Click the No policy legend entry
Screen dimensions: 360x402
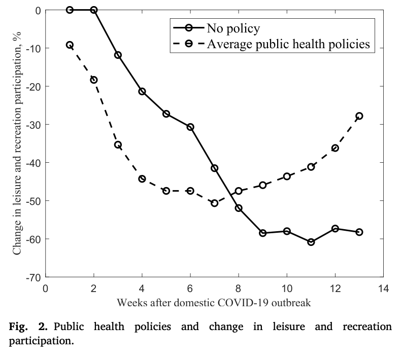pyautogui.click(x=233, y=27)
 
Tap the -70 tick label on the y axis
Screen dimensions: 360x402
pyautogui.click(x=33, y=277)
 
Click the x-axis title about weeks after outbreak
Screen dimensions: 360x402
pyautogui.click(x=214, y=303)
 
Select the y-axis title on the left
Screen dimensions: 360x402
pyautogui.click(x=17, y=143)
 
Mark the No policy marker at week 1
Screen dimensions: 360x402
pyautogui.click(x=70, y=10)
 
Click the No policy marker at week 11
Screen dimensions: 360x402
pyautogui.click(x=311, y=242)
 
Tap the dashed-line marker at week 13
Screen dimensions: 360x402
pyautogui.click(x=359, y=116)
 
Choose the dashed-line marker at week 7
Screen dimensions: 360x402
pyautogui.click(x=215, y=203)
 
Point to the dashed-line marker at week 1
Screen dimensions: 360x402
pyautogui.click(x=70, y=45)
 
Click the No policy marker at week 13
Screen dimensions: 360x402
pyautogui.click(x=359, y=232)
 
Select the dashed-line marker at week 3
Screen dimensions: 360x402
pyautogui.click(x=118, y=145)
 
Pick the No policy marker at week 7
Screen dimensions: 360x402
pyautogui.click(x=215, y=168)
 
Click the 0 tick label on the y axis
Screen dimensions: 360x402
pyautogui.click(x=38, y=10)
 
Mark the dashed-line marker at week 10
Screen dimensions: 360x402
pyautogui.click(x=287, y=176)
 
